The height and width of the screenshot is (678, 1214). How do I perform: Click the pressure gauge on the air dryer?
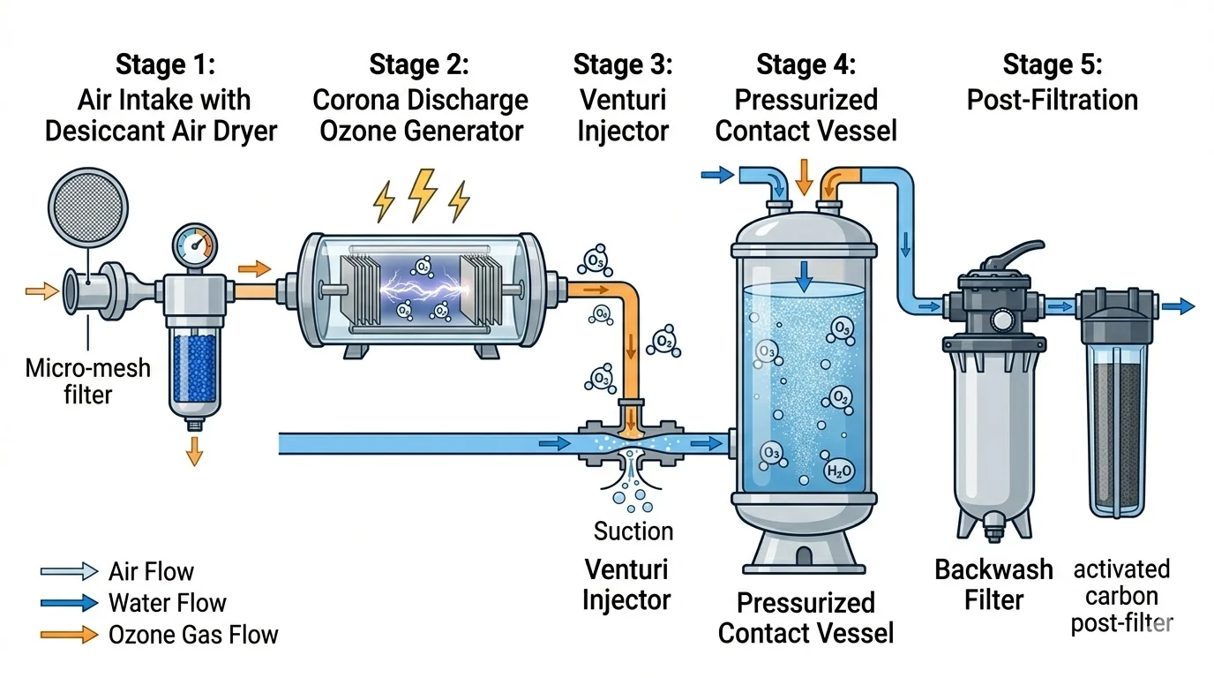click(194, 244)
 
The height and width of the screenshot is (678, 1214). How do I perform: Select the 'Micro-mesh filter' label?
click(87, 380)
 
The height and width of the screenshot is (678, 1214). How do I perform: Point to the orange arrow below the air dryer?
click(195, 450)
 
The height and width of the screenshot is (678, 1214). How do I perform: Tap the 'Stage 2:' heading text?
click(419, 64)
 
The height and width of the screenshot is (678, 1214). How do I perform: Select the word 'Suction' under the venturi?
click(633, 531)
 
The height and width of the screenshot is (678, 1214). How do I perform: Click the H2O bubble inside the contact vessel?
click(839, 471)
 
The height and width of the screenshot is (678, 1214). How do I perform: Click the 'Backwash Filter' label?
click(993, 584)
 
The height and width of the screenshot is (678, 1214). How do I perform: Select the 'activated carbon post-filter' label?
click(1121, 596)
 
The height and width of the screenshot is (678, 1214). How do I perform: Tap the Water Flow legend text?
click(167, 603)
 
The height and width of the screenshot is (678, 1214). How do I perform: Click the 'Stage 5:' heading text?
click(1053, 64)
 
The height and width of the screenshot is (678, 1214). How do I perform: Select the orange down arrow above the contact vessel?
click(804, 177)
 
